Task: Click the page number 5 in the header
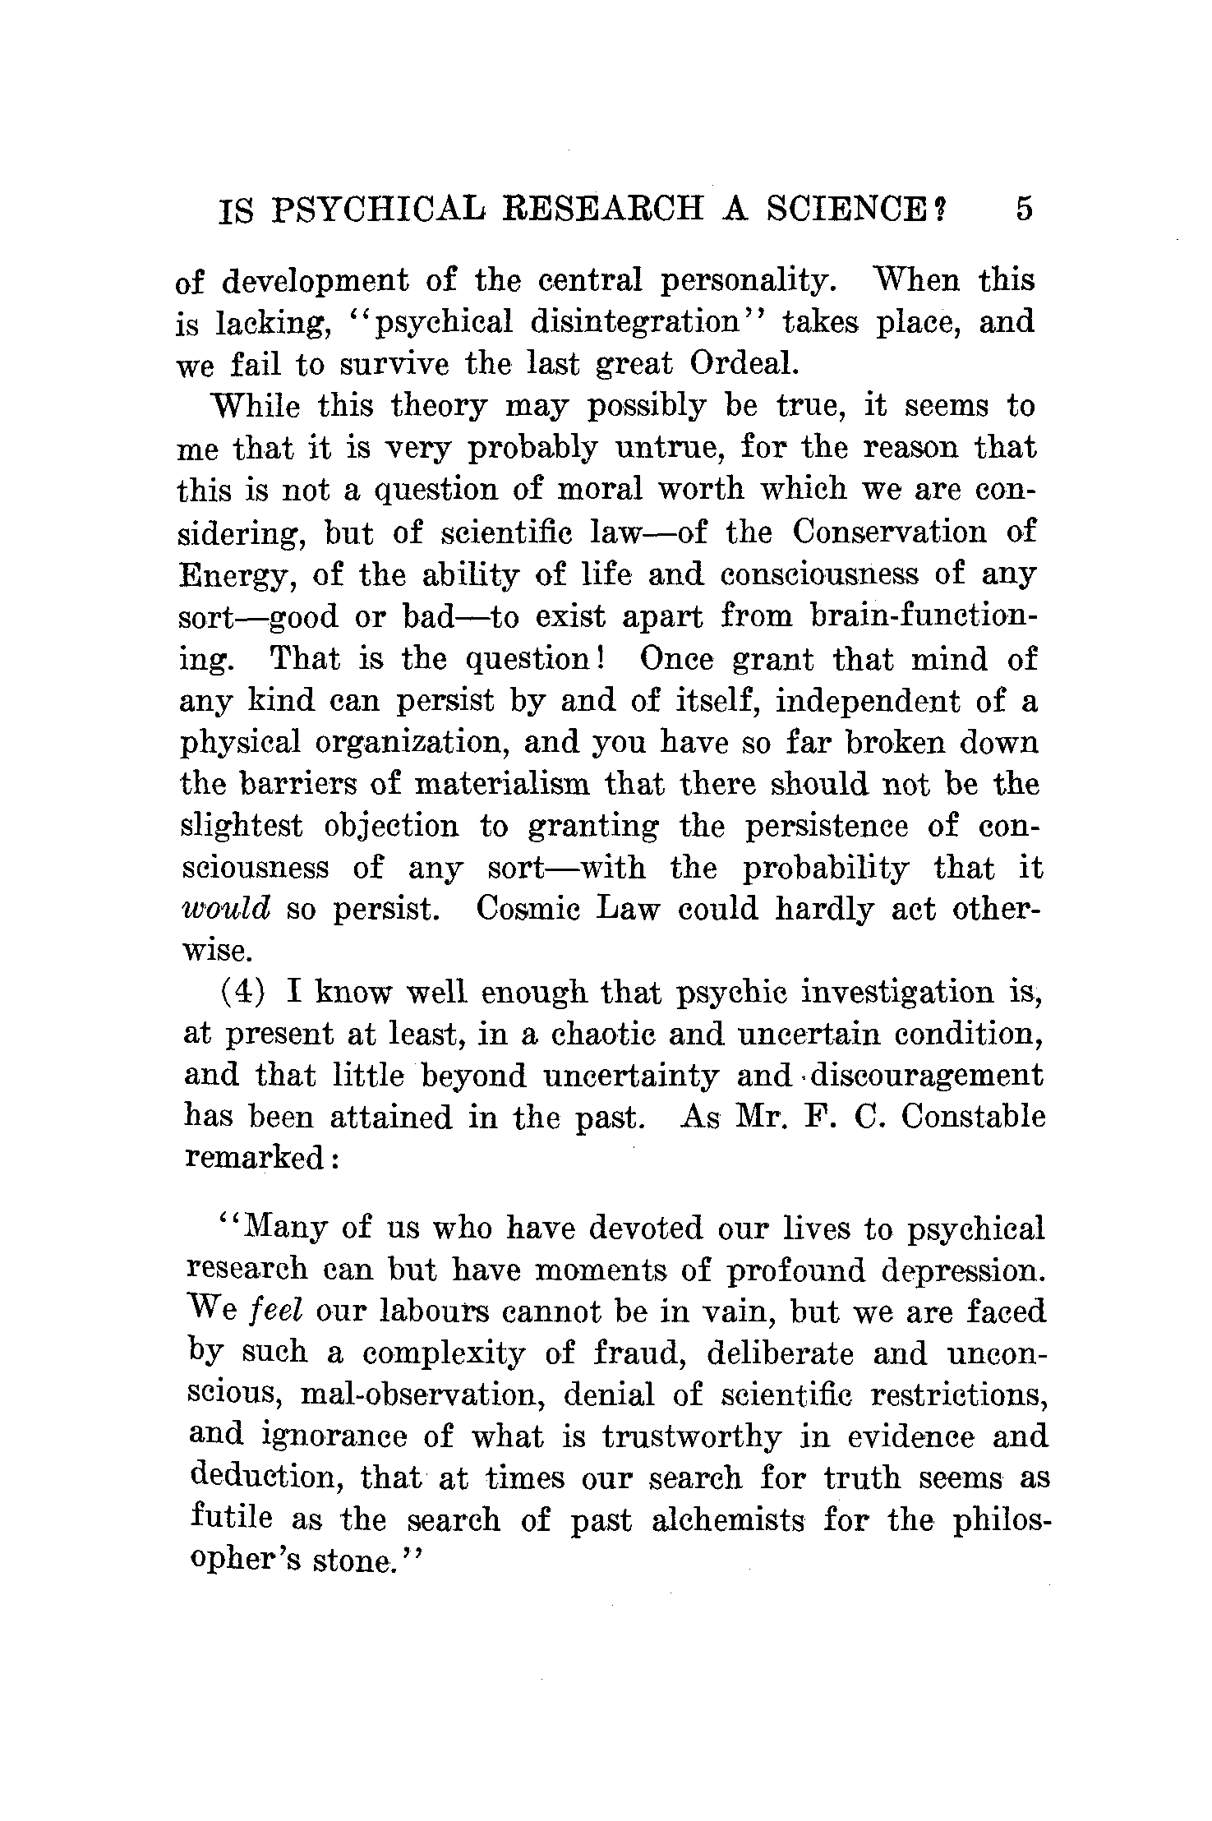[x=1023, y=210]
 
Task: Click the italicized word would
[x=224, y=910]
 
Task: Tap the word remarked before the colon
[x=256, y=1159]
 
